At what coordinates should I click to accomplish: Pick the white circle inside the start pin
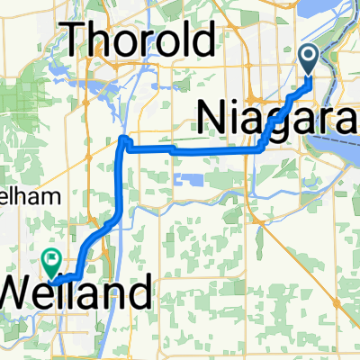[309, 58]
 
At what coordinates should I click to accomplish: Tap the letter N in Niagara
[212, 114]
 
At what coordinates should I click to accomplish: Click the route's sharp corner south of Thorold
[124, 140]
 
